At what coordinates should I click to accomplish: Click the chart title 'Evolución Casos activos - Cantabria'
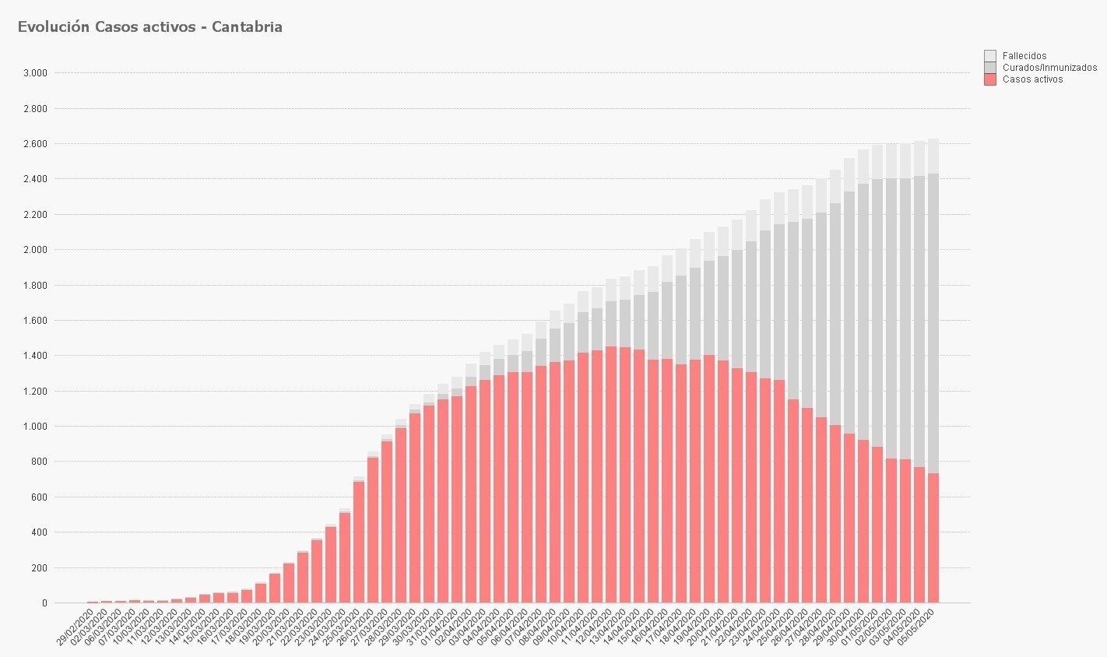(x=149, y=27)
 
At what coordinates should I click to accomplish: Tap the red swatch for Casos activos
(x=989, y=79)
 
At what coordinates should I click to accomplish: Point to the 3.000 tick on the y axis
(x=35, y=73)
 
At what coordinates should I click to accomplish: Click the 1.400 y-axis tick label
(x=35, y=356)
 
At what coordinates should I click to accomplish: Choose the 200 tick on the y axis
(x=40, y=568)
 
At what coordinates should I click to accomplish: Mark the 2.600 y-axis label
(x=35, y=144)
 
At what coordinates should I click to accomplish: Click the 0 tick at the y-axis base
(x=44, y=603)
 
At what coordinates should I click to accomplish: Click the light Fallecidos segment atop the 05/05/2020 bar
(x=933, y=156)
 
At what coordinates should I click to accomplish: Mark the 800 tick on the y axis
(x=40, y=462)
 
